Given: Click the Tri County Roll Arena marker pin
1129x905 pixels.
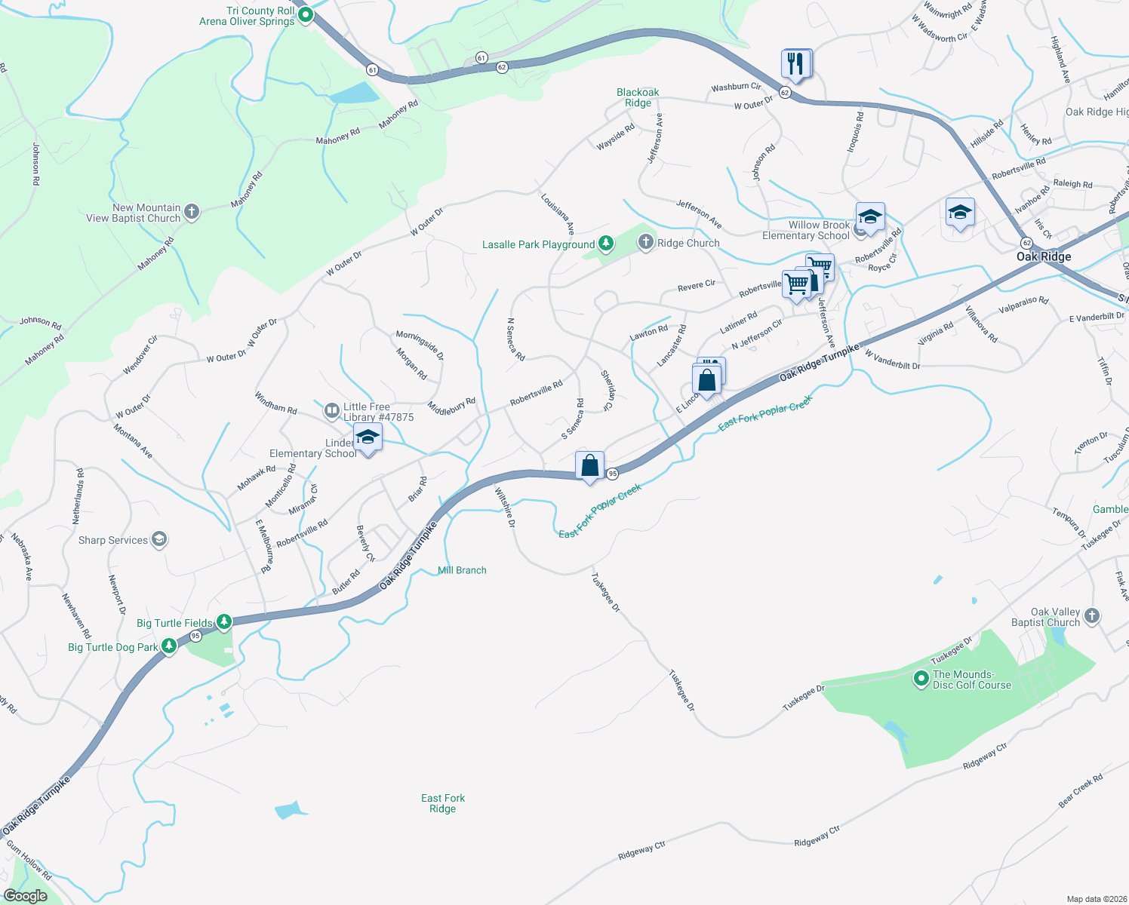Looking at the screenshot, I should click(306, 15).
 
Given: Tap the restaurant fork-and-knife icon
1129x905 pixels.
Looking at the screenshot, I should click(795, 64).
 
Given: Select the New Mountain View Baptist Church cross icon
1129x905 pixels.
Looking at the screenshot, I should click(192, 212).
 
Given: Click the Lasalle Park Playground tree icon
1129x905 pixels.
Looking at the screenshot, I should click(605, 244).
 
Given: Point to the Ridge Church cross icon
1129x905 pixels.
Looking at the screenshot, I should click(645, 242).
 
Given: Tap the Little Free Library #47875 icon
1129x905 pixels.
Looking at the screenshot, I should click(331, 411).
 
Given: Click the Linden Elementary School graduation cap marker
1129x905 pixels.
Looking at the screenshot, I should click(368, 438).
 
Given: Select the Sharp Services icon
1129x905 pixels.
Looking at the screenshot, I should click(158, 539).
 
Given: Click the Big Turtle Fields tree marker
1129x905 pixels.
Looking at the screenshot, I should click(224, 622).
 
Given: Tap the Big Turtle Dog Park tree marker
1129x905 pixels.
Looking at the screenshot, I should click(169, 646).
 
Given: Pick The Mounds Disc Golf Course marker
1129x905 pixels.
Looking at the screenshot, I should click(921, 679).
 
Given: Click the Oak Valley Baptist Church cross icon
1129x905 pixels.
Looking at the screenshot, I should click(1091, 616).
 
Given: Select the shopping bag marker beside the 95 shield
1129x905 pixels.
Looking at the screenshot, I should click(589, 466).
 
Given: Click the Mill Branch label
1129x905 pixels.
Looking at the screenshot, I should click(462, 570).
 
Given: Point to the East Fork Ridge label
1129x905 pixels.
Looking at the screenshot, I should click(443, 803).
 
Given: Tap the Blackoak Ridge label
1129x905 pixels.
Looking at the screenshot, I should click(638, 97).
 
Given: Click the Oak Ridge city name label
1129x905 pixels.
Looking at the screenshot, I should click(1043, 256).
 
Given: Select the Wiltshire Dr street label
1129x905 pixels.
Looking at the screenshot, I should click(505, 507).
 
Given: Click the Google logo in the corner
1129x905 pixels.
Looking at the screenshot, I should click(25, 896).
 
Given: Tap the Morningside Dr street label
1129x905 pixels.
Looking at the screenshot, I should click(420, 345).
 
